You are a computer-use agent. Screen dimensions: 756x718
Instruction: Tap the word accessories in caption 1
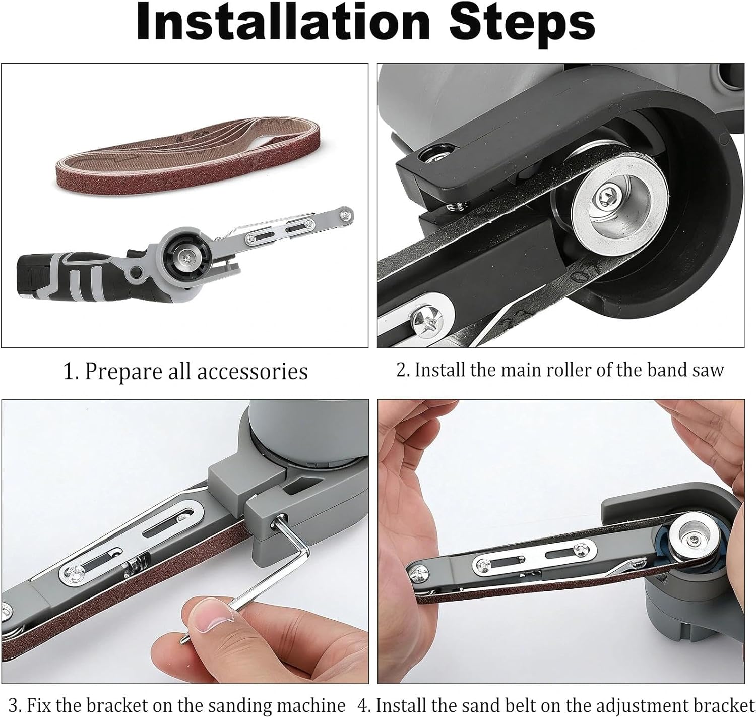pyautogui.click(x=253, y=372)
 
